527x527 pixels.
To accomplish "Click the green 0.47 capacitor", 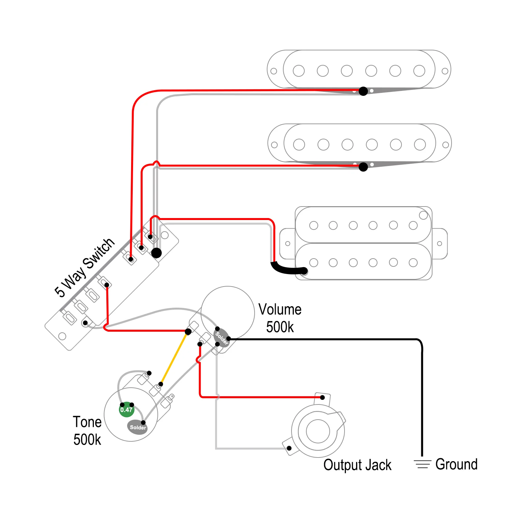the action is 126,410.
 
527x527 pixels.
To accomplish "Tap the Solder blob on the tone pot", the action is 137,427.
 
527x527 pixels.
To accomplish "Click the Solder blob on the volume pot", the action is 222,338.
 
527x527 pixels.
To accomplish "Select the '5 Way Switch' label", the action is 85,267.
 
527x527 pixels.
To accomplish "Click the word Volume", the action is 280,310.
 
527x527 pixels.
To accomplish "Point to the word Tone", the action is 87,422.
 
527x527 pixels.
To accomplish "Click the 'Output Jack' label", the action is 357,465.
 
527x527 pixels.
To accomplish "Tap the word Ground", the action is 457,464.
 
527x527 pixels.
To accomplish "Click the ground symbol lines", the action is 423,464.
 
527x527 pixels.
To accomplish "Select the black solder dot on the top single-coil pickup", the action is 363,91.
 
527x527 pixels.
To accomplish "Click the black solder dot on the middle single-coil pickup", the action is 363,167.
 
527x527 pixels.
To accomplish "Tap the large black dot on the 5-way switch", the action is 156,253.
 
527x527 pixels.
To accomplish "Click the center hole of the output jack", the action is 318,431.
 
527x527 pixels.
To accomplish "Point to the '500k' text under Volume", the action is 280,327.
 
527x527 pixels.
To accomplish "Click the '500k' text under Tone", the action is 87,440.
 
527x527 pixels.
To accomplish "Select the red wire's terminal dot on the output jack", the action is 322,398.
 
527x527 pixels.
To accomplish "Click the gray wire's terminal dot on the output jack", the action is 289,448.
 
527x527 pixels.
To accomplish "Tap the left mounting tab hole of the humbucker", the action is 288,244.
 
